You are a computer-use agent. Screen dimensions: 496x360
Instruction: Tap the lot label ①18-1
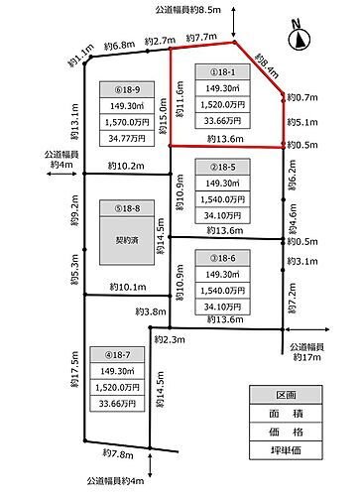click(x=221, y=72)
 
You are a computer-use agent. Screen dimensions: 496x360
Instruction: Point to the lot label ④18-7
click(x=121, y=353)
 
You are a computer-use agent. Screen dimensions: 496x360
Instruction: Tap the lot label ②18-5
click(x=221, y=167)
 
